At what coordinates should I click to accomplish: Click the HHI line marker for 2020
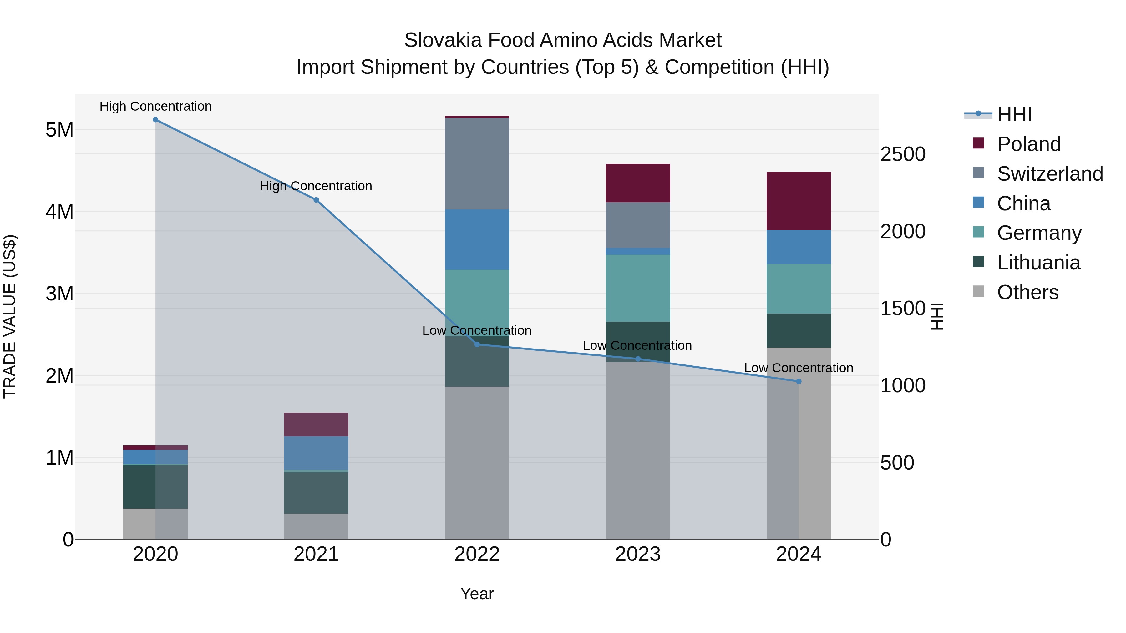click(x=156, y=120)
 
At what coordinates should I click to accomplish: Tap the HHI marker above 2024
click(x=799, y=381)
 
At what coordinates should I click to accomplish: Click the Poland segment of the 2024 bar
click(x=799, y=201)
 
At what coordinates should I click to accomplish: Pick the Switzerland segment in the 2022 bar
click(x=477, y=164)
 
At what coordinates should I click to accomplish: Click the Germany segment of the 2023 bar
click(x=638, y=288)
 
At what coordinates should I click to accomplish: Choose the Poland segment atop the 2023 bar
click(x=638, y=183)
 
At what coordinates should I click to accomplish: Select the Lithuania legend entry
click(x=1038, y=263)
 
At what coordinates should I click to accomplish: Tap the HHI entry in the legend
click(x=1014, y=114)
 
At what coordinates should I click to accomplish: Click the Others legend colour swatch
click(x=978, y=291)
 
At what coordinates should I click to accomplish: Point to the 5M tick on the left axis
click(x=59, y=130)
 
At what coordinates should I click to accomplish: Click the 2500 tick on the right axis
click(x=903, y=154)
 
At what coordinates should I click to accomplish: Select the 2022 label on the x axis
click(x=477, y=554)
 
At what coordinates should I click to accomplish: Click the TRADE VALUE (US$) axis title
click(x=10, y=316)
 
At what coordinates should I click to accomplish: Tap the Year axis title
click(x=477, y=594)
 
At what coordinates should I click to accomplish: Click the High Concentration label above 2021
click(x=316, y=186)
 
